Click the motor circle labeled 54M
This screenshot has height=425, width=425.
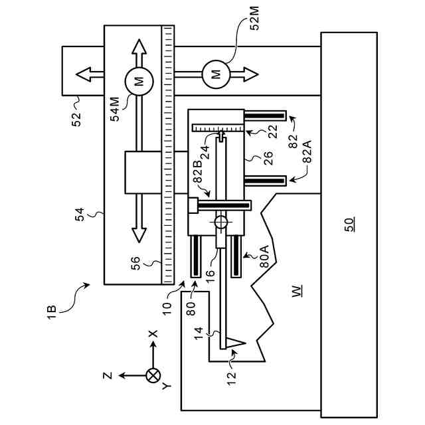[139, 81]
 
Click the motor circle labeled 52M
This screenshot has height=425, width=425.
[216, 74]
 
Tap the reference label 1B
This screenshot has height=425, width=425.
[52, 312]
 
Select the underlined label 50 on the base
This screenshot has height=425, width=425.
[349, 224]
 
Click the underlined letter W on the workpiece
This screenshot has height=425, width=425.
[297, 291]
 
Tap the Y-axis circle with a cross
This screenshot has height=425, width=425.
[153, 376]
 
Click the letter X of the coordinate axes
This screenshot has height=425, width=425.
[153, 333]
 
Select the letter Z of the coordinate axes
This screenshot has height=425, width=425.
[108, 375]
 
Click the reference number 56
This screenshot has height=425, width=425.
[135, 263]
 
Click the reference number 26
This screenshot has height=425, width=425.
[268, 158]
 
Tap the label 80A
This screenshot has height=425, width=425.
[264, 256]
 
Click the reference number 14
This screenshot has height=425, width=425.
[199, 333]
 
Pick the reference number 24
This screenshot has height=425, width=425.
[205, 152]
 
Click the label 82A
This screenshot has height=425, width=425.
[307, 151]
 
